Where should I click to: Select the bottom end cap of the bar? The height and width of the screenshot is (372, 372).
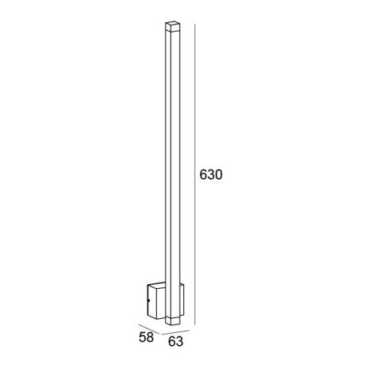coord(171,321)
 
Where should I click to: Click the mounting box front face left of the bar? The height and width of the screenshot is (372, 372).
coord(159,304)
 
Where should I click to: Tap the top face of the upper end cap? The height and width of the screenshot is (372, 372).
coord(171,25)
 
